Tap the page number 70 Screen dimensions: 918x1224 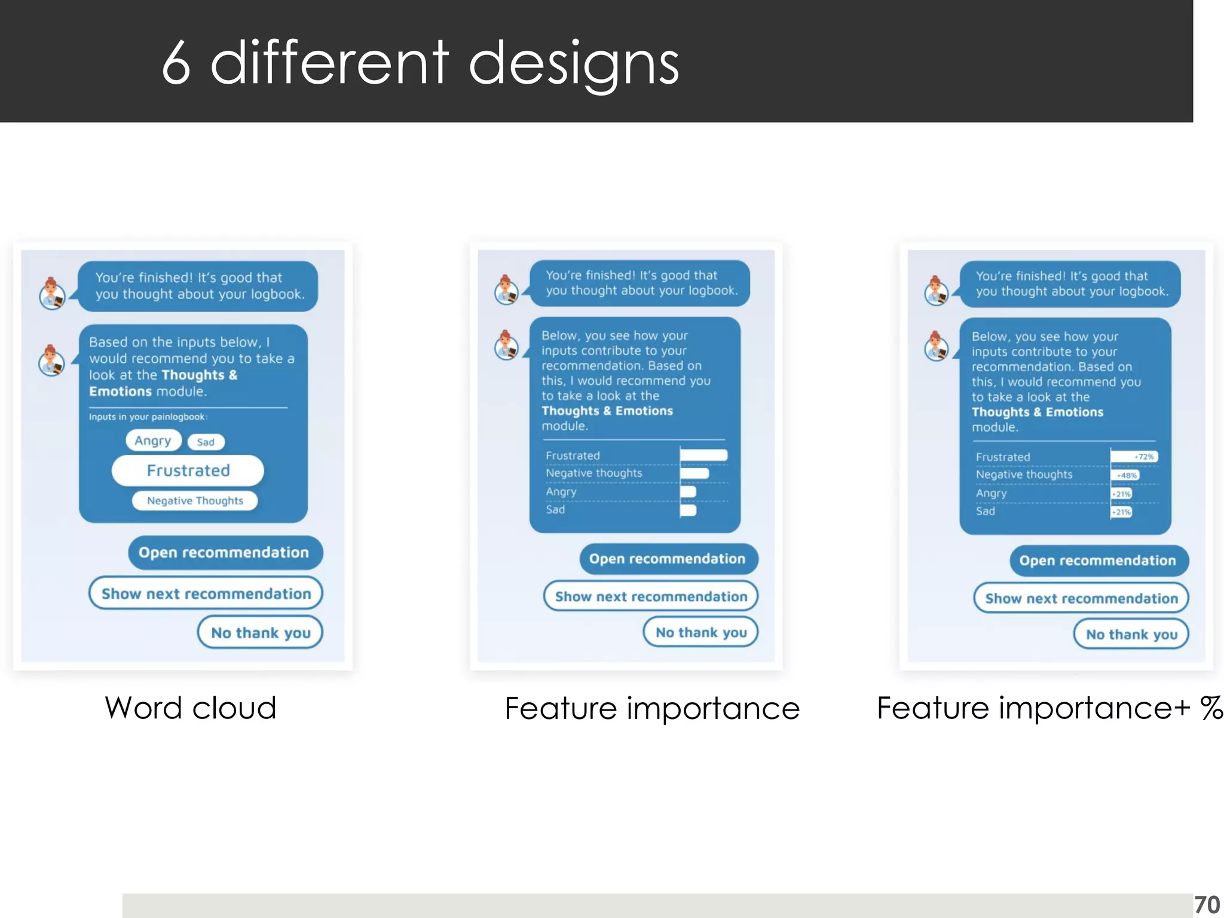click(1206, 905)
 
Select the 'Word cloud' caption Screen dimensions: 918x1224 click(190, 708)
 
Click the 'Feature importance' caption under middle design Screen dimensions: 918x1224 click(651, 709)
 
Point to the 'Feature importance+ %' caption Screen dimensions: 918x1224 click(1049, 708)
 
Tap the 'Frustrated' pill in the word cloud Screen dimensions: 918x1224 click(188, 471)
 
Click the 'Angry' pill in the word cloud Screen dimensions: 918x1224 click(153, 440)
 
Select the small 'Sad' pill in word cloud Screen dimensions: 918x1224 click(206, 442)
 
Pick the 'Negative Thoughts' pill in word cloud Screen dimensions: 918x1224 click(195, 501)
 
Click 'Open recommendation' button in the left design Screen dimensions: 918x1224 click(225, 552)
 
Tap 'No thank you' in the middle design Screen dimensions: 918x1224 click(700, 632)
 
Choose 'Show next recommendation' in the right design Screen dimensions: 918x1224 click(1081, 598)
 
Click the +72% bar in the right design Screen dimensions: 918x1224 click(1134, 457)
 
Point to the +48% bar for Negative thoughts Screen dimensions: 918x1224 click(1125, 476)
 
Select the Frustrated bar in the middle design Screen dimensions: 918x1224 click(703, 455)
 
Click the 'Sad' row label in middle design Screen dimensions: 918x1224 click(555, 510)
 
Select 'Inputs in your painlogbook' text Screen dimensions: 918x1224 click(148, 417)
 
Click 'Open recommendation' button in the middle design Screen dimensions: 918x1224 click(668, 559)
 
